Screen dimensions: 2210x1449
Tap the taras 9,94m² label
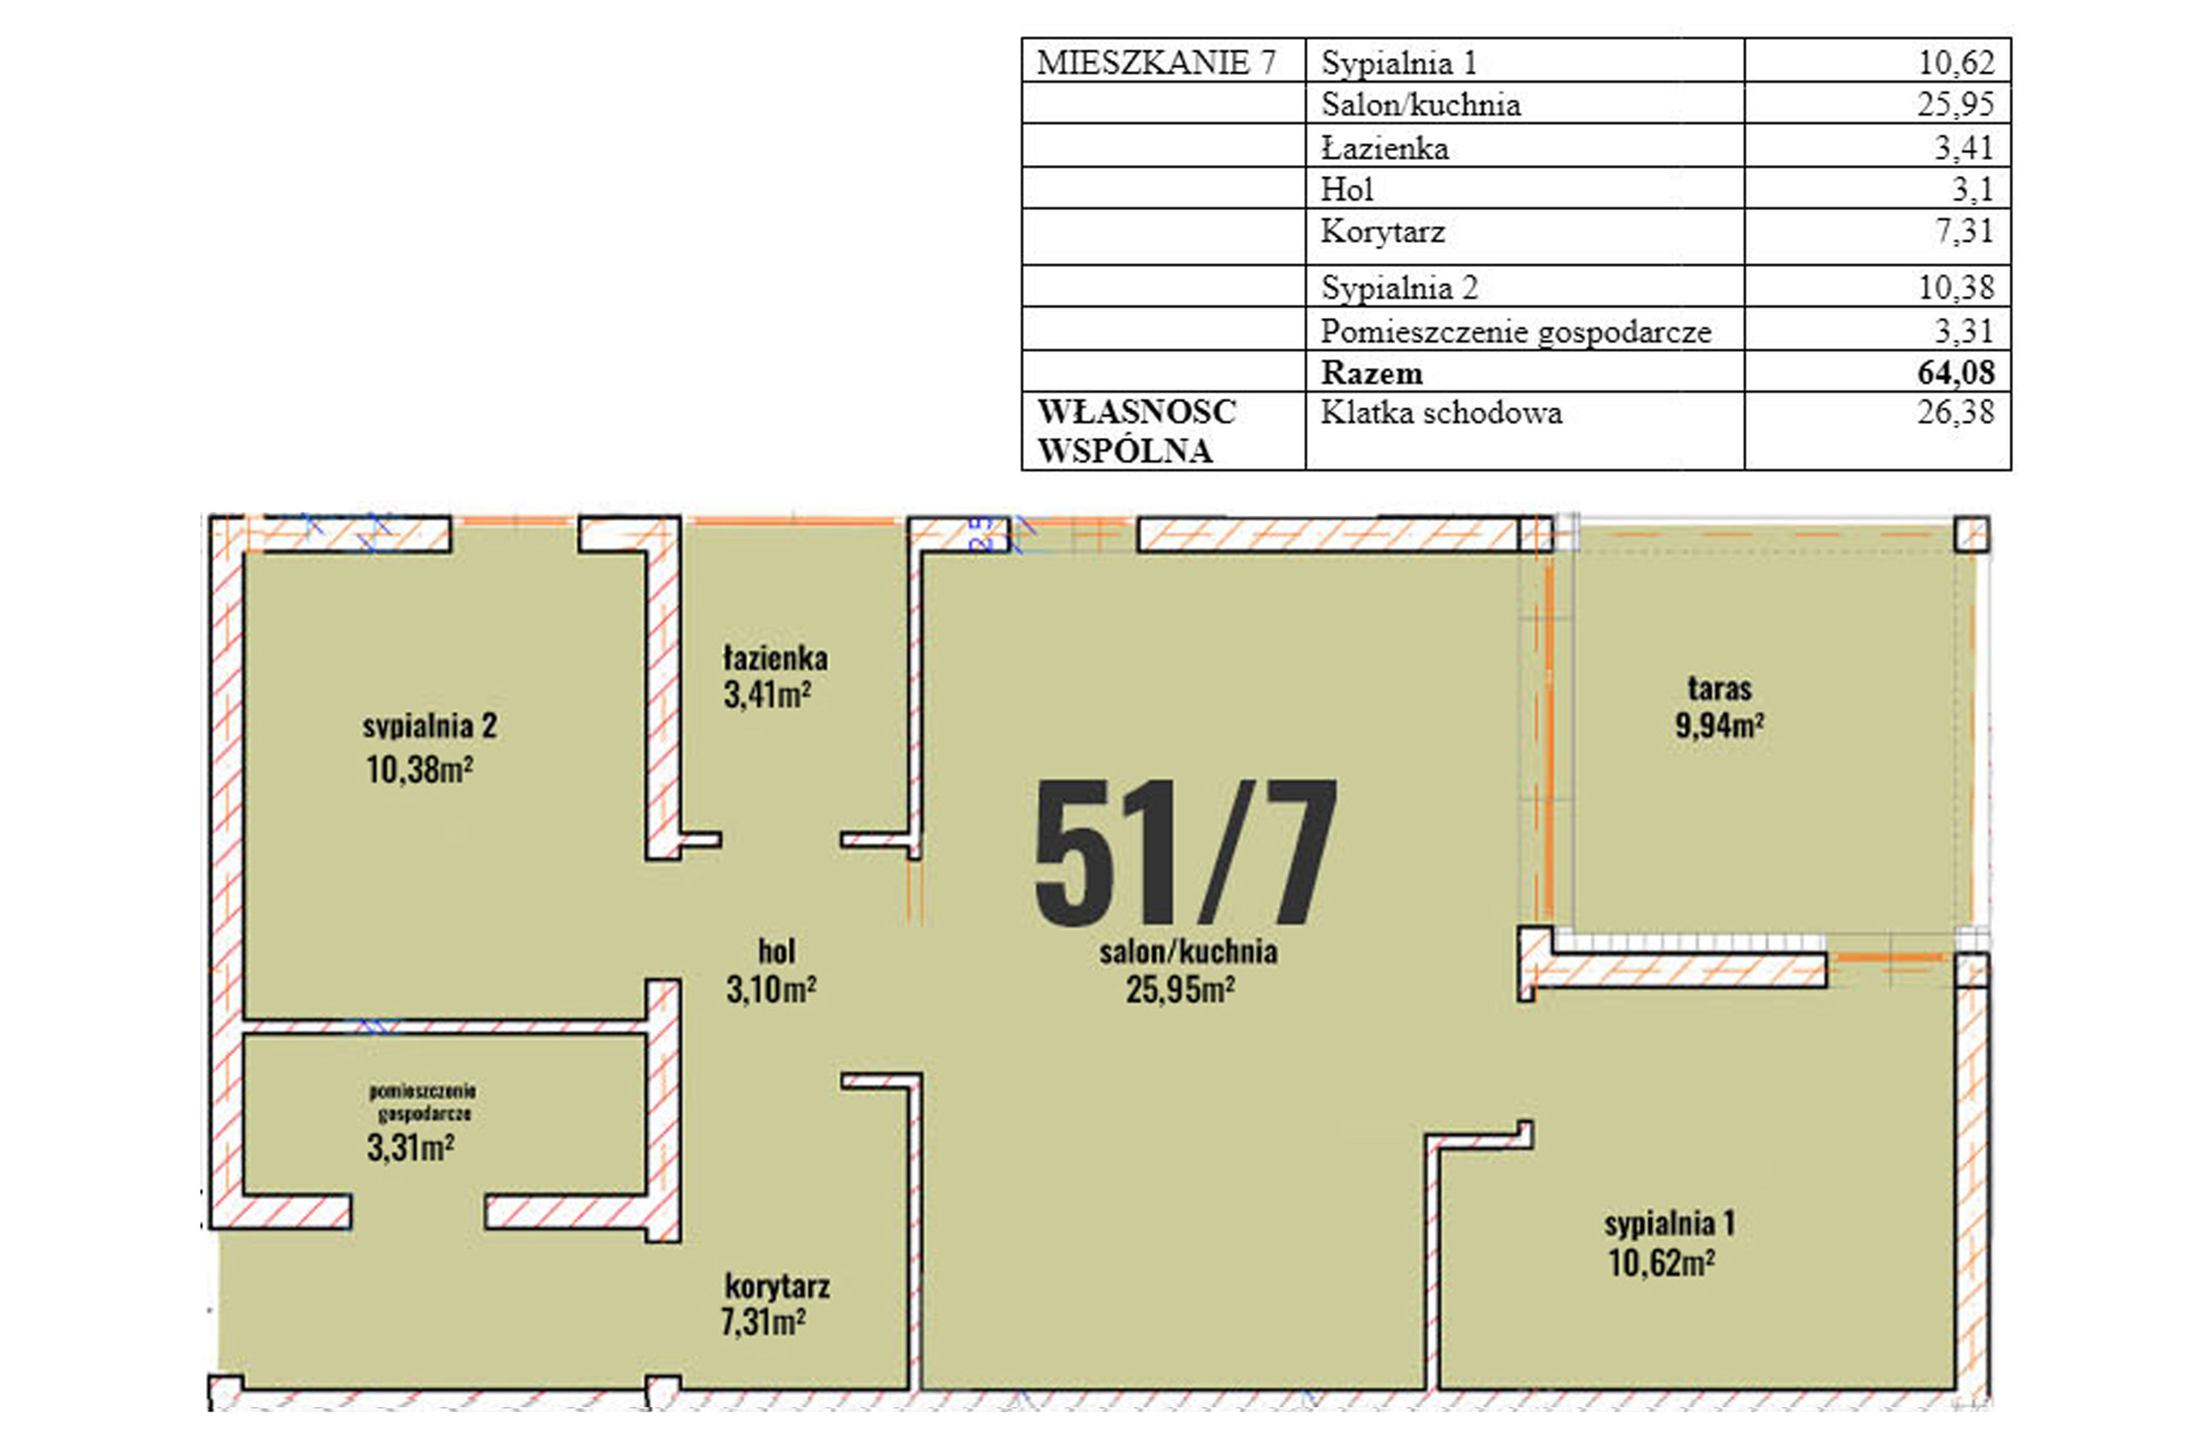coord(1720,707)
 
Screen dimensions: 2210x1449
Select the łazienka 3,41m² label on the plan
coord(774,676)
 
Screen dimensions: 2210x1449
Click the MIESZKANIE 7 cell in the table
coord(1156,62)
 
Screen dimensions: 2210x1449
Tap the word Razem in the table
coord(1371,372)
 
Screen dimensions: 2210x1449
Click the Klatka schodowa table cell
coord(1441,412)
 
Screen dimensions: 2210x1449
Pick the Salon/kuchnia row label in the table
coord(1421,104)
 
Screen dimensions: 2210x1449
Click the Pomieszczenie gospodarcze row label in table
coord(1516,331)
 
